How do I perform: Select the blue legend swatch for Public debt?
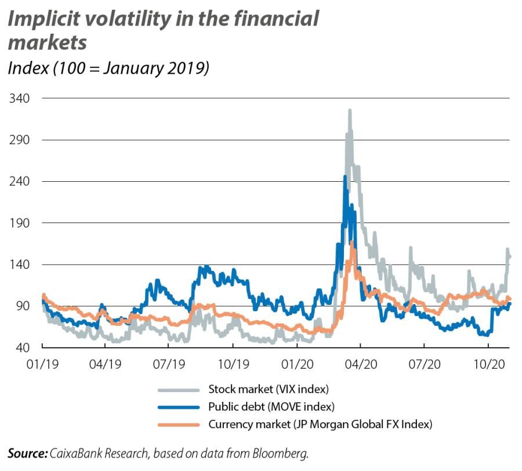click(177, 406)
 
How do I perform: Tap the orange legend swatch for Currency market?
click(177, 424)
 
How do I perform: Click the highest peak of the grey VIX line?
click(350, 110)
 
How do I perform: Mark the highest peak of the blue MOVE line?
click(345, 177)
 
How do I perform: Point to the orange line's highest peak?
click(352, 243)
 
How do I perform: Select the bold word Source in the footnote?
click(27, 453)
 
